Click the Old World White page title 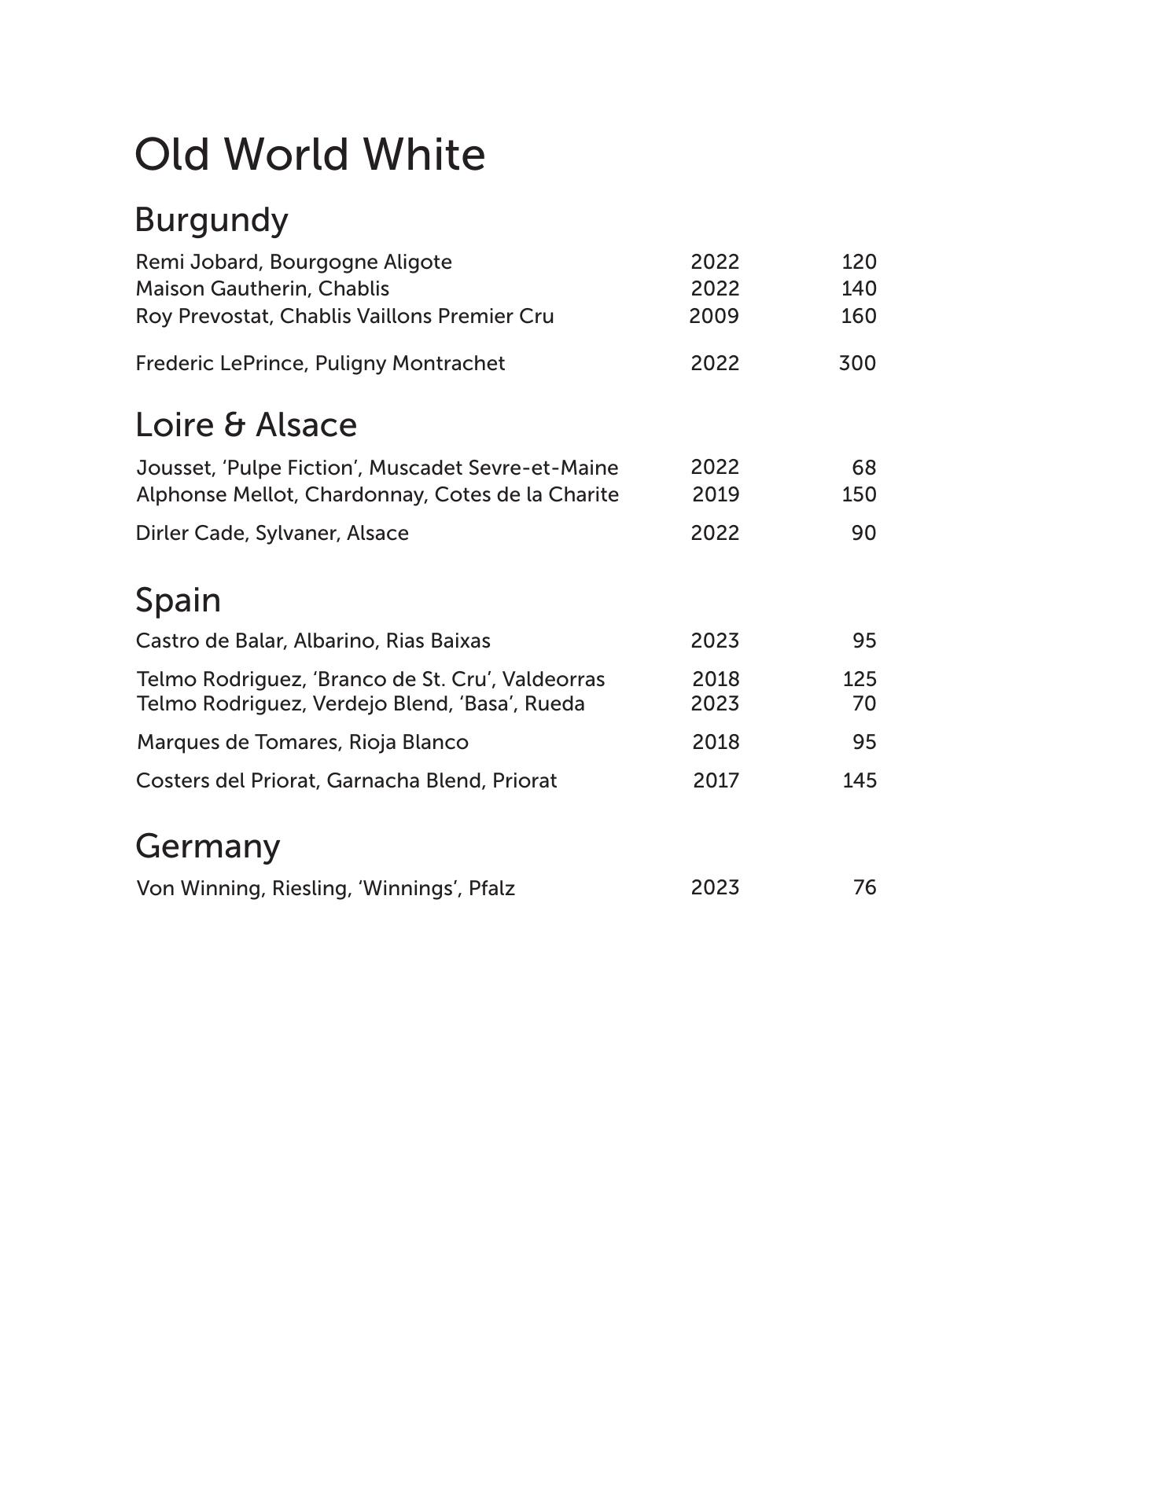tap(310, 155)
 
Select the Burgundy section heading tap(212, 220)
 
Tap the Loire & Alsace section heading tap(246, 425)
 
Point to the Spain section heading tap(178, 600)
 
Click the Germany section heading tap(208, 846)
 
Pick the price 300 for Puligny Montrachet tap(857, 363)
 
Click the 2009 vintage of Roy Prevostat tap(714, 316)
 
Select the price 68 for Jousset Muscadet tap(863, 468)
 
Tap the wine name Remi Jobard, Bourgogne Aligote tap(293, 262)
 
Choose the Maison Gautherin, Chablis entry tap(262, 288)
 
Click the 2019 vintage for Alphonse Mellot tap(716, 494)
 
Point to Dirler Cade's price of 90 tap(863, 533)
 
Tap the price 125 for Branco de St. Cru tap(860, 679)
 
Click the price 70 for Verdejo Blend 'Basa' tap(864, 703)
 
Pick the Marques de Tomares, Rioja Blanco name tap(303, 742)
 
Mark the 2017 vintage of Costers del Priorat tap(716, 780)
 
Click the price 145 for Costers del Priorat tap(860, 780)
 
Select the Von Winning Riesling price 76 tap(864, 887)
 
